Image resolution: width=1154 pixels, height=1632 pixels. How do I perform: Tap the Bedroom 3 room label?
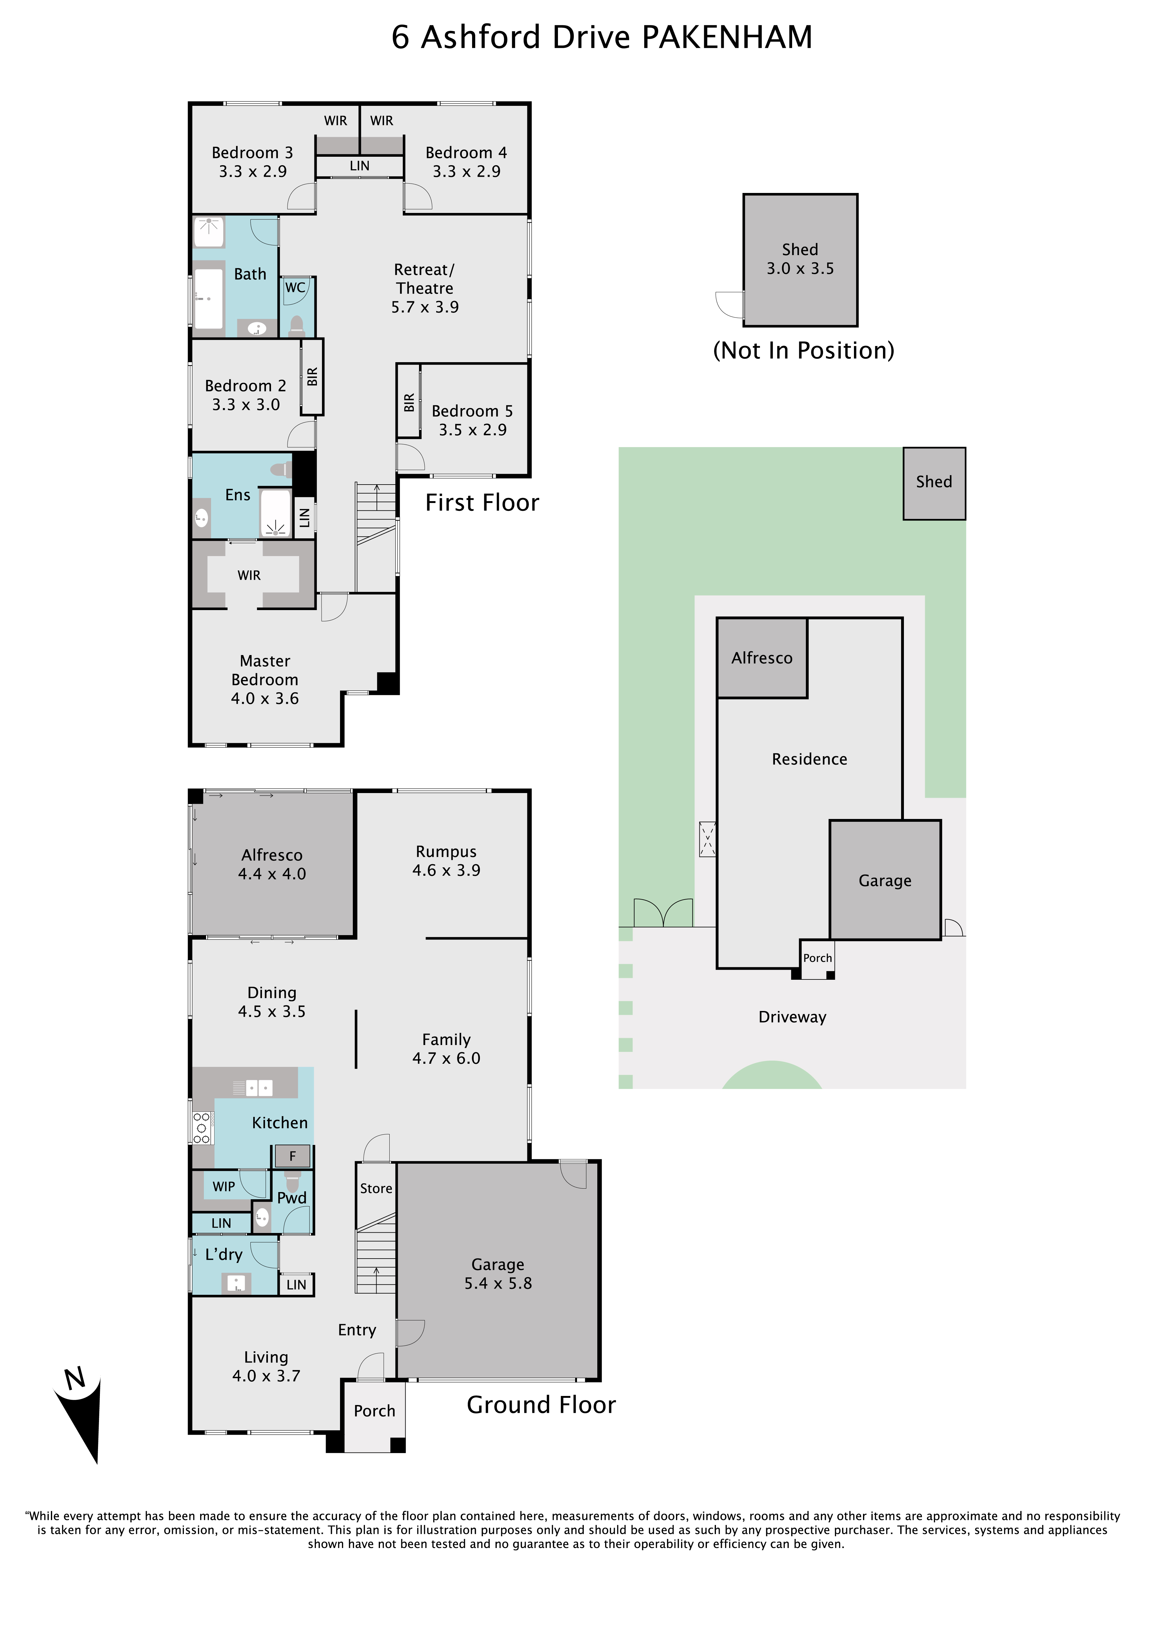tap(252, 153)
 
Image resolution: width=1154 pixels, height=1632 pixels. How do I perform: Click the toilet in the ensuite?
tap(282, 470)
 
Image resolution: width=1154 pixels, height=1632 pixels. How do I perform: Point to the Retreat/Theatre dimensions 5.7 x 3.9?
tap(425, 307)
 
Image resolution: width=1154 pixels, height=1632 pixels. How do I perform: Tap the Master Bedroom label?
tap(264, 670)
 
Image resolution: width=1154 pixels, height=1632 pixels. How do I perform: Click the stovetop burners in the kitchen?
tap(202, 1128)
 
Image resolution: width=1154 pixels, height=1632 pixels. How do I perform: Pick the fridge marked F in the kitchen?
tap(292, 1156)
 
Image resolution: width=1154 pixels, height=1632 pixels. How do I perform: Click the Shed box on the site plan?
tap(934, 483)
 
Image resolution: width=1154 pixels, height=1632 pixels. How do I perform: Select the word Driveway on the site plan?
tap(793, 1017)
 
